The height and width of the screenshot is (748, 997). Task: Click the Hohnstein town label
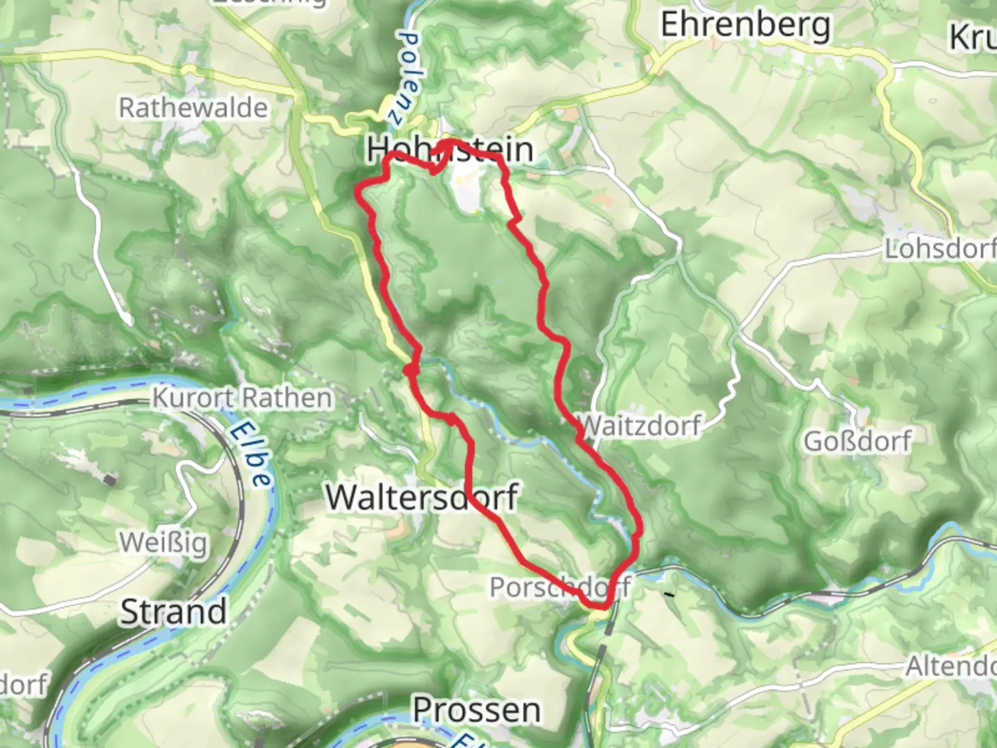pos(450,150)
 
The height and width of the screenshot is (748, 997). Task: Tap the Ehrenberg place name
pos(745,26)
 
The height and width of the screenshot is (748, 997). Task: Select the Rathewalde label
pos(193,108)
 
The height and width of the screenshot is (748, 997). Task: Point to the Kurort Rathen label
pos(242,398)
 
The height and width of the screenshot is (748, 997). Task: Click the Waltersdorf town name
pos(422,497)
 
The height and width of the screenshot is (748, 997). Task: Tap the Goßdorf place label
pos(857,441)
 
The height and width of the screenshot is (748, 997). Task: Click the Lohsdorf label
pos(940,249)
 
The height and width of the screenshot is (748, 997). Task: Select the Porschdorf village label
pos(559,587)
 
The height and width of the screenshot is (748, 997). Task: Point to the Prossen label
pos(476,711)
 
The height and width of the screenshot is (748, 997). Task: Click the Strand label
pos(174,612)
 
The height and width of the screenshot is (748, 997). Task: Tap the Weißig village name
pos(163,542)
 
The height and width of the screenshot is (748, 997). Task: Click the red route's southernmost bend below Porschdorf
pos(600,607)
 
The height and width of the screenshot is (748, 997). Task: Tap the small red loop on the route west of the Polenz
pos(411,372)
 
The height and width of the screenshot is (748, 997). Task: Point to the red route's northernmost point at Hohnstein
pos(452,143)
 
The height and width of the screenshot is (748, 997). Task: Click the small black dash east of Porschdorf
pos(669,594)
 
